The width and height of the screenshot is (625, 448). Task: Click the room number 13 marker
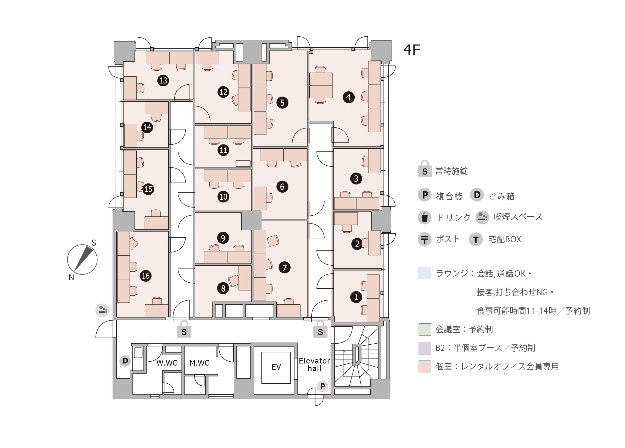[x=163, y=80]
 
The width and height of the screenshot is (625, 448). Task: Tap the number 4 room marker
[x=348, y=97]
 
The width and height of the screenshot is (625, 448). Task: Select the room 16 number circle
[x=146, y=276]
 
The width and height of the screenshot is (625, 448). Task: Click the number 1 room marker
[x=356, y=297]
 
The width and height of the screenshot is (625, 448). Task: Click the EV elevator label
[x=276, y=367]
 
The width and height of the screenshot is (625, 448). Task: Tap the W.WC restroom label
[x=167, y=363]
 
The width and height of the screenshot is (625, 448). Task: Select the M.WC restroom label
[x=199, y=363]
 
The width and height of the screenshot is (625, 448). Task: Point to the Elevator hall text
[x=314, y=365]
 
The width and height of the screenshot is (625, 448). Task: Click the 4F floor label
[x=411, y=50]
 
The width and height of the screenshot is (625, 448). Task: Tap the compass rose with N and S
[x=82, y=260]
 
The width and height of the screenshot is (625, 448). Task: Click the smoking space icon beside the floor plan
[x=102, y=310]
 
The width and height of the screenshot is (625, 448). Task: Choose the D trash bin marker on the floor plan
[x=125, y=361]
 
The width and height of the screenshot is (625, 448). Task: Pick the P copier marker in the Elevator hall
[x=322, y=386]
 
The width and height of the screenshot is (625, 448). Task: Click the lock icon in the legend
[x=425, y=169]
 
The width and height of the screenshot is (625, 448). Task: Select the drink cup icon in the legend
[x=425, y=217]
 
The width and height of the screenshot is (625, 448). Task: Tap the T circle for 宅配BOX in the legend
[x=476, y=239]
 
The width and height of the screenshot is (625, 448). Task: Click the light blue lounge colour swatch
[x=425, y=273]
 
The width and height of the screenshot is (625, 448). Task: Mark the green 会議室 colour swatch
[x=425, y=329]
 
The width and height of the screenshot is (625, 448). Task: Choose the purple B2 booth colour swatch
[x=425, y=348]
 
